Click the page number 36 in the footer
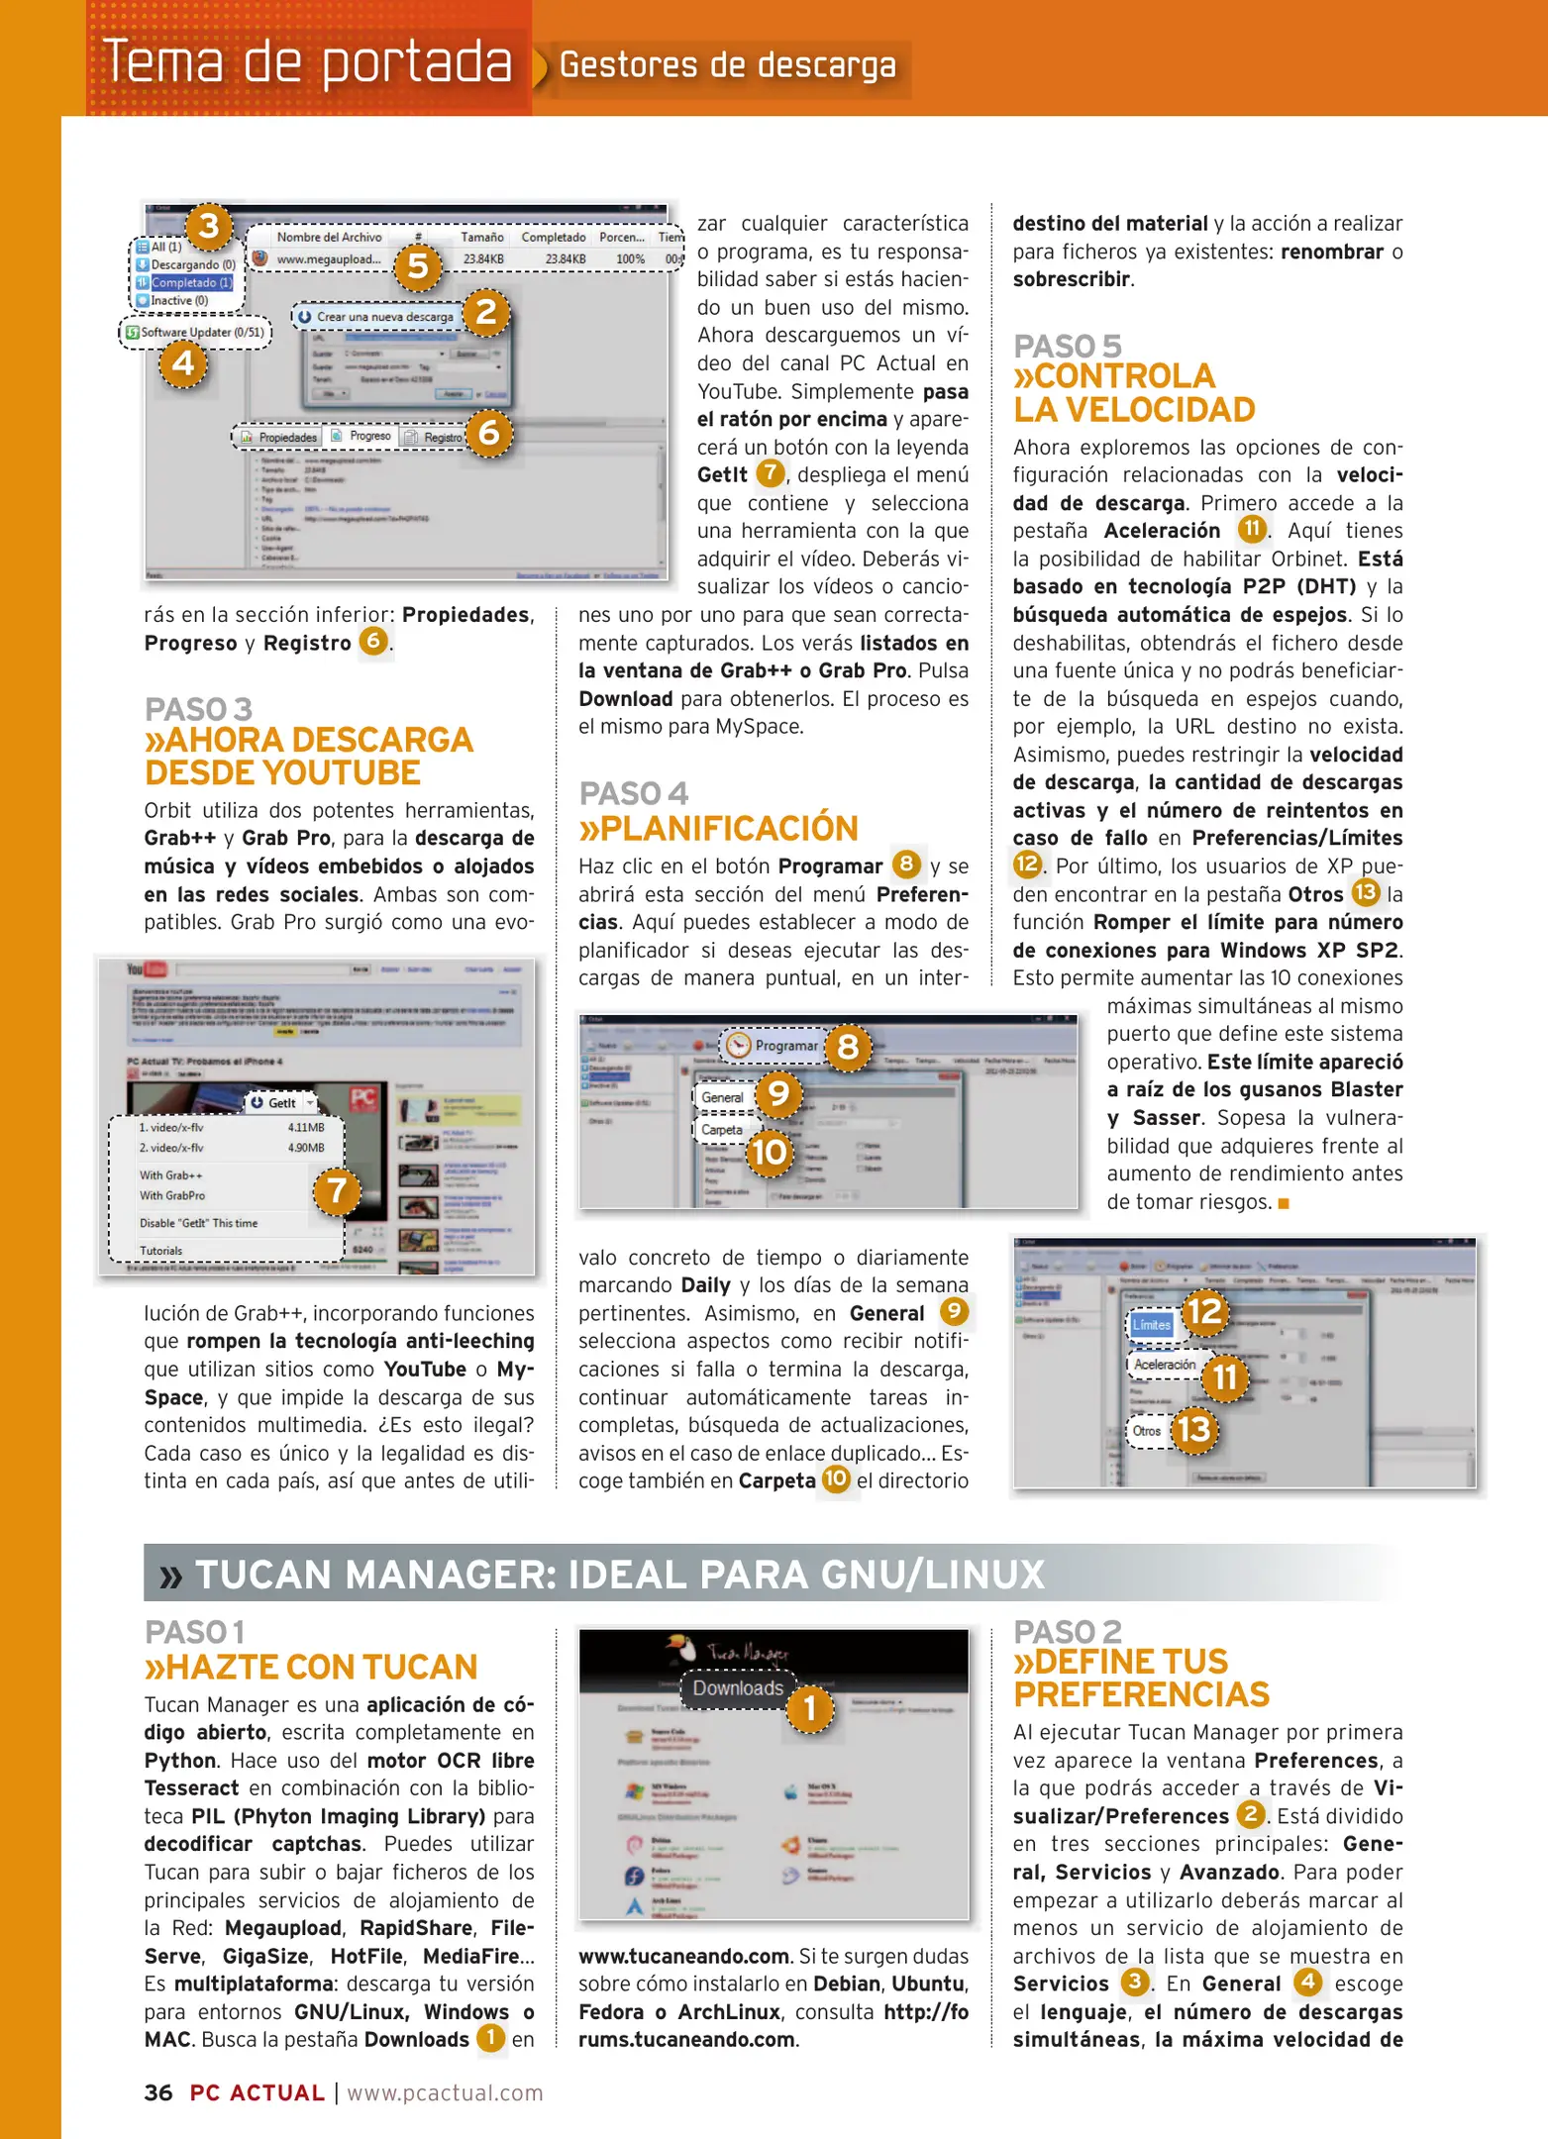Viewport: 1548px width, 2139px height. (158, 2092)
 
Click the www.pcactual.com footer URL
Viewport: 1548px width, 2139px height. (445, 2092)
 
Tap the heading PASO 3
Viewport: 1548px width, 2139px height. (198, 709)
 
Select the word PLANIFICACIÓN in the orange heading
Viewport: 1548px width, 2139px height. (729, 828)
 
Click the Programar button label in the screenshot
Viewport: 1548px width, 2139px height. (786, 1046)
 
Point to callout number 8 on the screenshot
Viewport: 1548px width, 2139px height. (848, 1047)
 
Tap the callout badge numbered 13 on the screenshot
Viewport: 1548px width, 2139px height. (1193, 1429)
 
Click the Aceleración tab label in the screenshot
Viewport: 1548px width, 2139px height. (1165, 1365)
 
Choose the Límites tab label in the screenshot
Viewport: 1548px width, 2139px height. (1152, 1325)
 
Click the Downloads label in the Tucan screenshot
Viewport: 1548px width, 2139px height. (738, 1688)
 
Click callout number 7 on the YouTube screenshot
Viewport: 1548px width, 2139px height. (337, 1189)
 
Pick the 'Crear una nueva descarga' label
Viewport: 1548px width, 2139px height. (384, 317)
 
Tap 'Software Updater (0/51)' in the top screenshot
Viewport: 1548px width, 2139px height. (202, 333)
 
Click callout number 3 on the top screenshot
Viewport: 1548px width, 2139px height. (209, 226)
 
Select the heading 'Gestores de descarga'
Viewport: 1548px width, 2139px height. (728, 65)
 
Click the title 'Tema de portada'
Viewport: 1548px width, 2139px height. (308, 61)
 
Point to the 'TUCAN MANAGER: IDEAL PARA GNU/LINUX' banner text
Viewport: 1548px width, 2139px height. (619, 1575)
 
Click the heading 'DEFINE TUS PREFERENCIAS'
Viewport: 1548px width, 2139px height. (1139, 1679)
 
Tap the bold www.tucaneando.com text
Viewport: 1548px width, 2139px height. (684, 1956)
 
